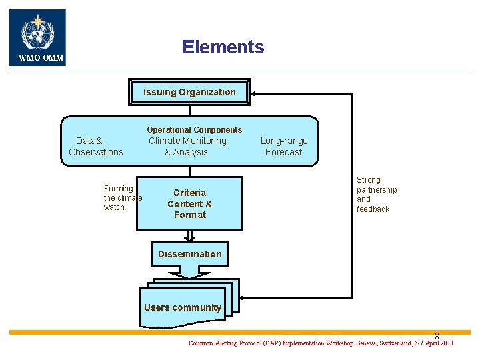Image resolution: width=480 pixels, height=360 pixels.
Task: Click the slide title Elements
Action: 223,47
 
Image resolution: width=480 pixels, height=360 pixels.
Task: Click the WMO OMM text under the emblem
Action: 41,58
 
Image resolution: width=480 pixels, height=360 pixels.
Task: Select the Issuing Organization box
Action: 189,93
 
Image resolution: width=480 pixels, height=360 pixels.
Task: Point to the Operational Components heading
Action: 195,129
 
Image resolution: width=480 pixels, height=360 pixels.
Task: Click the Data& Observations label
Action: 95,147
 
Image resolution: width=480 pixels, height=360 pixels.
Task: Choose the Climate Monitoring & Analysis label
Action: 187,147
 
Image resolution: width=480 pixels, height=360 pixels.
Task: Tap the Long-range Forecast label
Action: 284,147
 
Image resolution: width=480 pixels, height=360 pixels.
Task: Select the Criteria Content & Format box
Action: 190,203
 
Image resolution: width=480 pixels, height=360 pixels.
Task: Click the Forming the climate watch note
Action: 122,198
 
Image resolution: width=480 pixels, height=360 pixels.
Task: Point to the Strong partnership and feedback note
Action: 377,195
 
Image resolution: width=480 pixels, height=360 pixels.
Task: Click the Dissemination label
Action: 190,254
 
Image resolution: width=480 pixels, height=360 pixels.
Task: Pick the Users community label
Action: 183,307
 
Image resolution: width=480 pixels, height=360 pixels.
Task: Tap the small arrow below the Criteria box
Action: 190,236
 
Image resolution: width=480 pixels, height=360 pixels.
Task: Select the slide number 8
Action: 437,337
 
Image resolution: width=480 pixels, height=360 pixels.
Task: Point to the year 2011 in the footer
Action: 445,343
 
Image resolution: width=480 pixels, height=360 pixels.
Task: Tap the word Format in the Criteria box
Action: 190,215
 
